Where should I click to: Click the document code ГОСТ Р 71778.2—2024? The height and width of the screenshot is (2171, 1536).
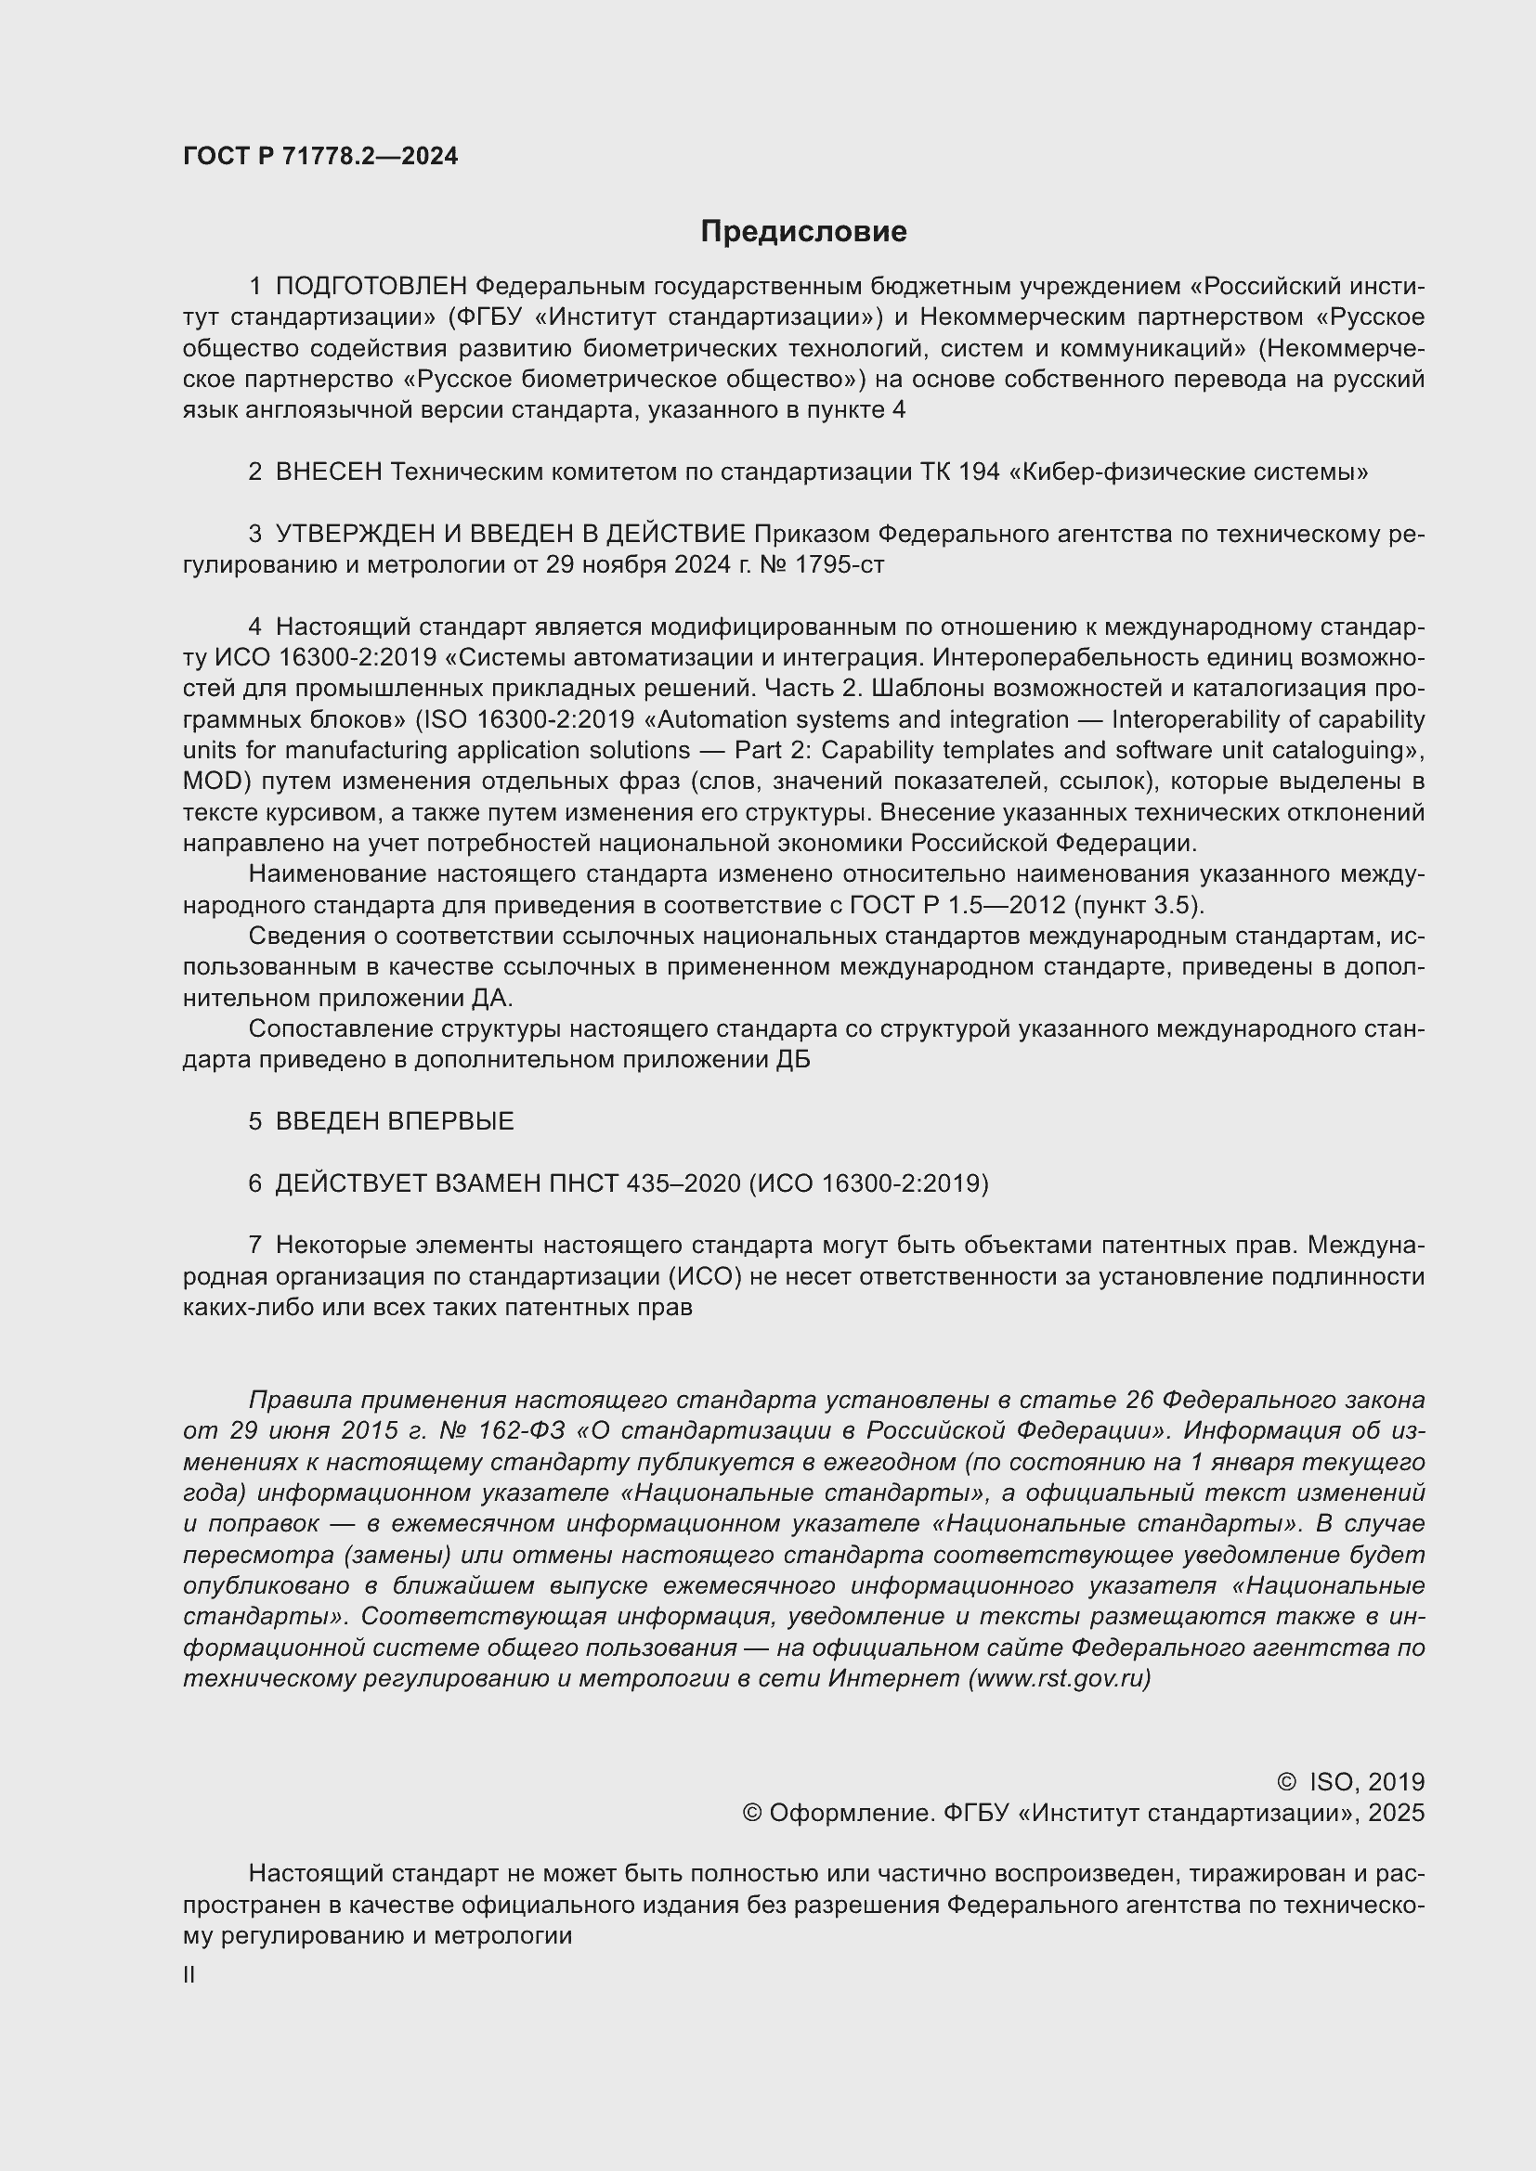tap(319, 156)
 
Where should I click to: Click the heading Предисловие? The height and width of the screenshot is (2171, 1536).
tap(803, 231)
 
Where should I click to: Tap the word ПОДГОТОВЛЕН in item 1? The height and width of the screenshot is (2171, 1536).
tap(371, 286)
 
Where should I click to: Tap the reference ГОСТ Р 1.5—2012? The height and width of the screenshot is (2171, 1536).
tap(958, 905)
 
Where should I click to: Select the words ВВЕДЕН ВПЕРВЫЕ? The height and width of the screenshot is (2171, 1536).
tap(395, 1121)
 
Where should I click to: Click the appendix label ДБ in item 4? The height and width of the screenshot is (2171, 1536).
tap(792, 1060)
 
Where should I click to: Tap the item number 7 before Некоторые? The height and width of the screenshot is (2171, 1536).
tap(254, 1246)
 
